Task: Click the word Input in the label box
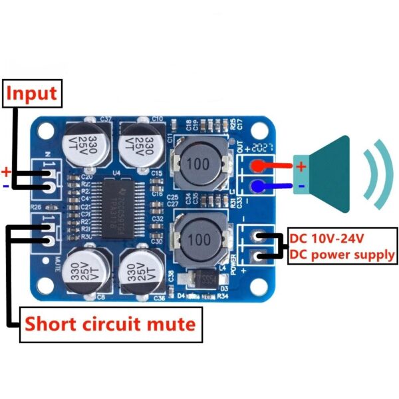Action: (x=31, y=93)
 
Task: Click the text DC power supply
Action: (x=342, y=255)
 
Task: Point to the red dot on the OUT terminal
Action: (x=255, y=166)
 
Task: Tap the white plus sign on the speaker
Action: (x=301, y=166)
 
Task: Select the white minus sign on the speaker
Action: (x=301, y=187)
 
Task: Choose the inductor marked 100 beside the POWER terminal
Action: (x=199, y=239)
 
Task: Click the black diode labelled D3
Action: (x=201, y=279)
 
